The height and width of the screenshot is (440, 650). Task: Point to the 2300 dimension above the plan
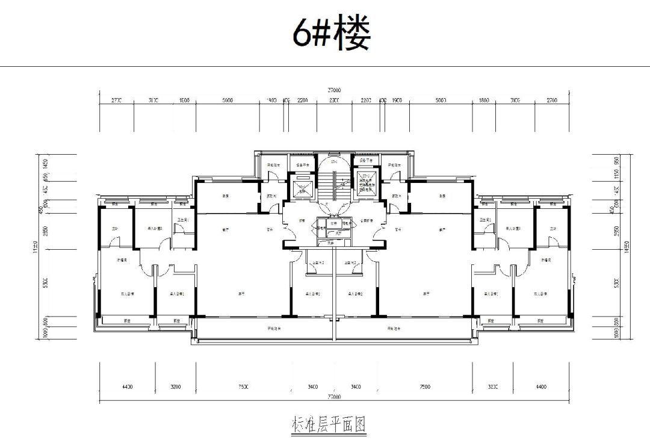pos(333,101)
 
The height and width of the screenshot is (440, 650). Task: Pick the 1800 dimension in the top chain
pos(484,101)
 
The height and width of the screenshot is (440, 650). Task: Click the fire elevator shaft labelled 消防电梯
pos(366,184)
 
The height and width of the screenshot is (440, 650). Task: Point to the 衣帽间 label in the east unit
pos(546,259)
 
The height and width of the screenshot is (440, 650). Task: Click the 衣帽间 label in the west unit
pos(121,259)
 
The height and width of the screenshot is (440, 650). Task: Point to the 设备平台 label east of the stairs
pos(366,161)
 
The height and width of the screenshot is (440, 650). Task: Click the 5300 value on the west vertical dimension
pos(46,283)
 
